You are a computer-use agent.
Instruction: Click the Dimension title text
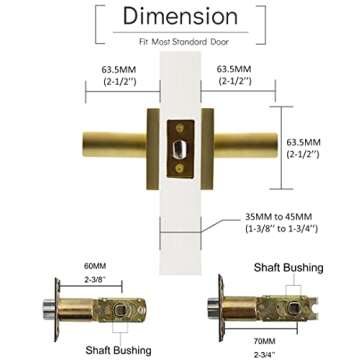(x=180, y=17)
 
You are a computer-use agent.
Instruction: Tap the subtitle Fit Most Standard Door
(x=180, y=43)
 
